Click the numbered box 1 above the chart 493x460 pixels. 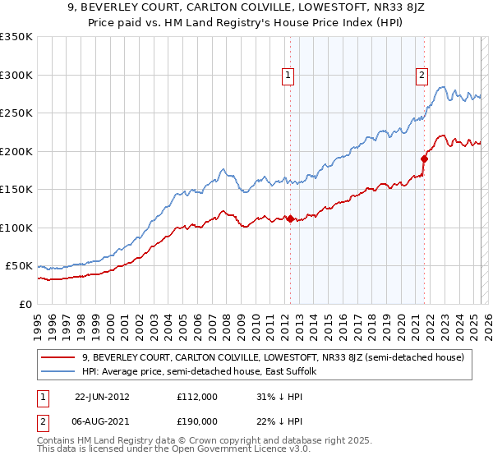(289, 76)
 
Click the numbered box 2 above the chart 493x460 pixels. (422, 76)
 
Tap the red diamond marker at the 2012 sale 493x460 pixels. (290, 218)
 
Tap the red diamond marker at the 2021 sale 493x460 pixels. (424, 159)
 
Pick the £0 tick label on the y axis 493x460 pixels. (25, 304)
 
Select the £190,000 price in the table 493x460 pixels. (197, 421)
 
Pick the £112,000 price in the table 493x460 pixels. (197, 396)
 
